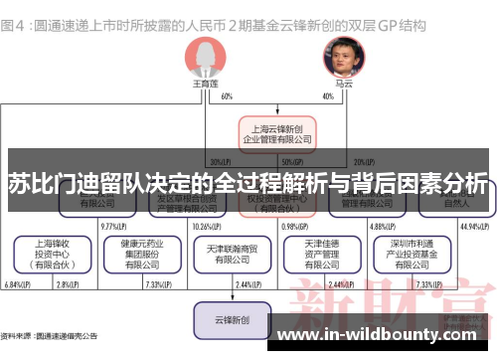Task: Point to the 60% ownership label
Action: point(227,96)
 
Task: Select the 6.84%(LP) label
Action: point(18,285)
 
